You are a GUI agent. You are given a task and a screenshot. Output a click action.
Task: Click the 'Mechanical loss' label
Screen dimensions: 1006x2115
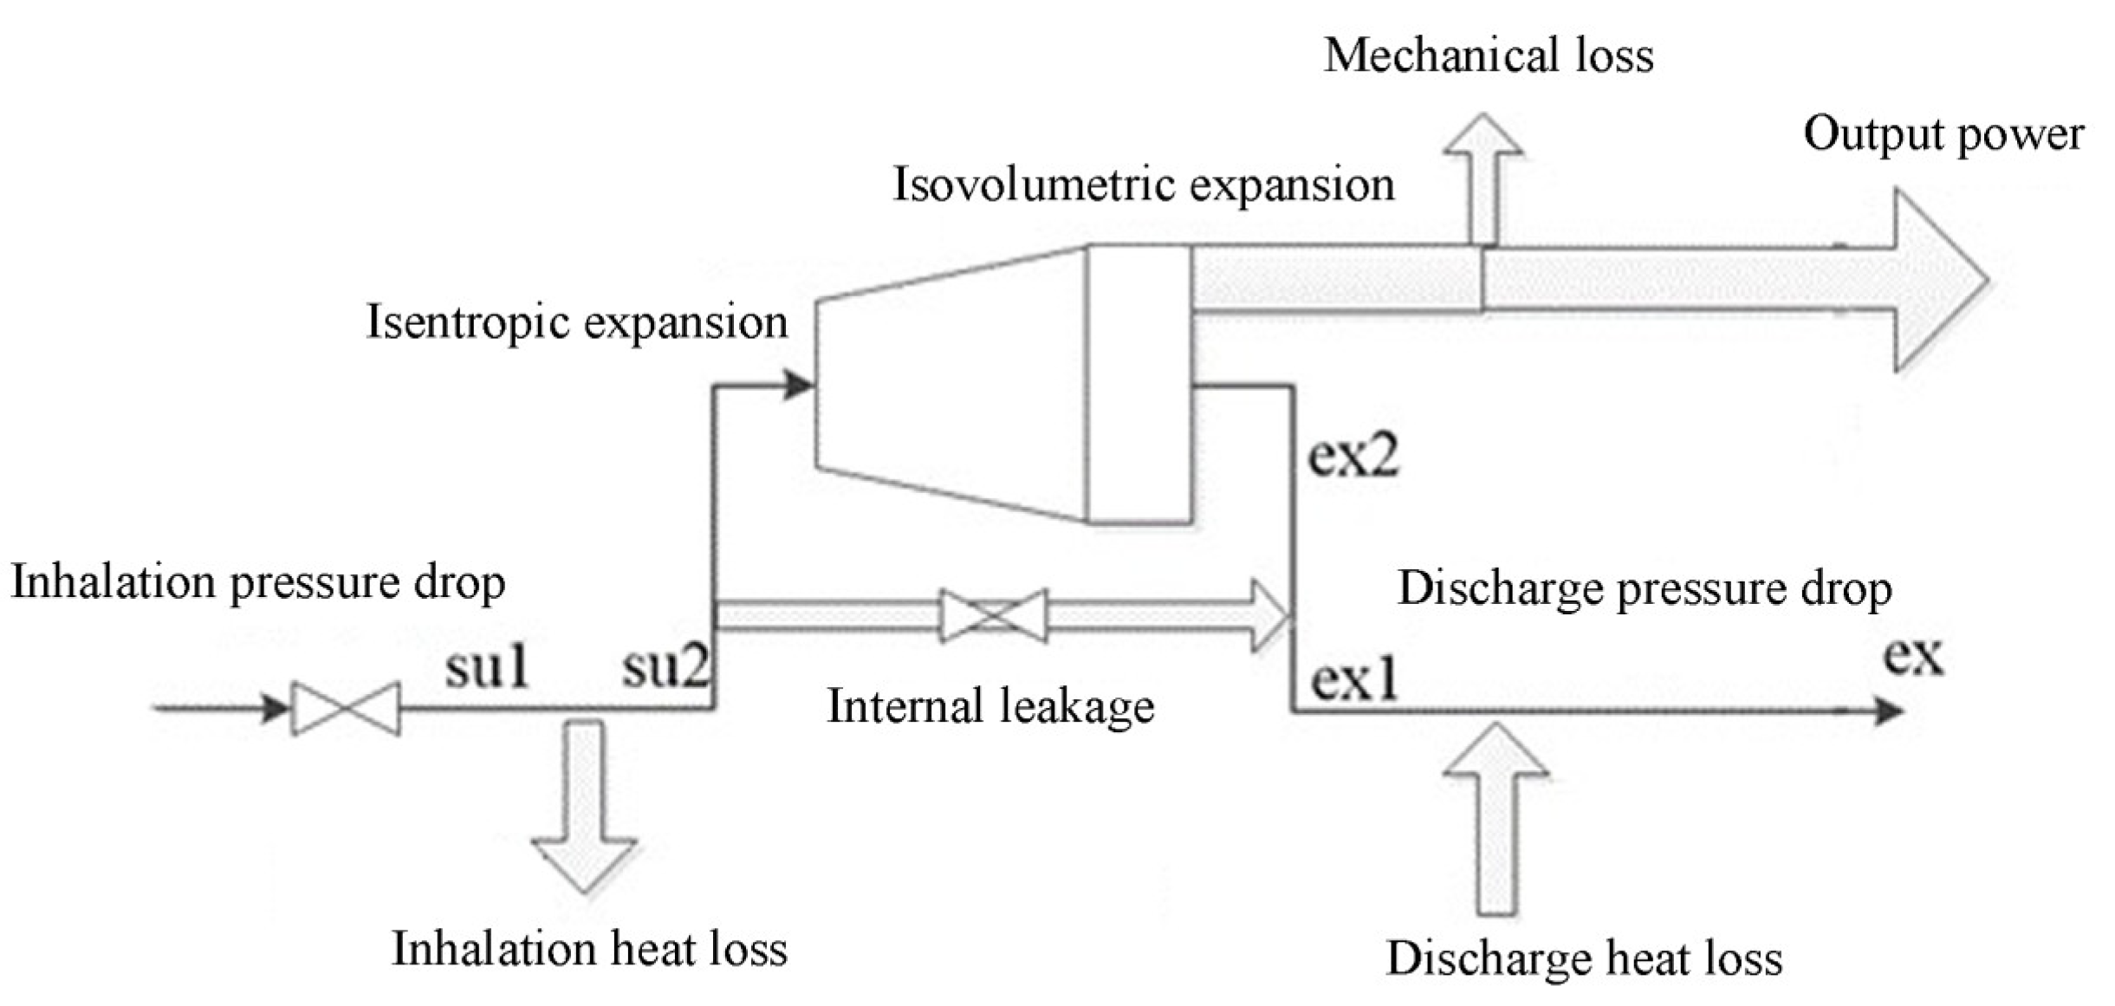pos(1488,55)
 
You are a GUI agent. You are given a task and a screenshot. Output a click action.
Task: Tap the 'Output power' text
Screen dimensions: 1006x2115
pos(1943,134)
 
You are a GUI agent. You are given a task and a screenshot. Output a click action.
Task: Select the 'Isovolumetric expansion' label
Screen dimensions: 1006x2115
pos(1143,185)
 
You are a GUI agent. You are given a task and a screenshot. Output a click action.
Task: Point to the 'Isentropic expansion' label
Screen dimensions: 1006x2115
pos(576,322)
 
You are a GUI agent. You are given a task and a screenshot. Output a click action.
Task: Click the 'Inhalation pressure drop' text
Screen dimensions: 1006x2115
pos(257,582)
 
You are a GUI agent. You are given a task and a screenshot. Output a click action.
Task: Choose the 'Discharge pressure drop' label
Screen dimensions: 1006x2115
pos(1644,588)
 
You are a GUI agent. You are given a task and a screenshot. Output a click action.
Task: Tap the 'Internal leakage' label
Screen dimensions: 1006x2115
pos(990,705)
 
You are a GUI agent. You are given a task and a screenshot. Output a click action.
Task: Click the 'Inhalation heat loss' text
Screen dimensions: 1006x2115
pos(589,949)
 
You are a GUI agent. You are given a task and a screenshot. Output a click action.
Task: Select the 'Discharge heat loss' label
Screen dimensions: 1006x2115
pos(1584,958)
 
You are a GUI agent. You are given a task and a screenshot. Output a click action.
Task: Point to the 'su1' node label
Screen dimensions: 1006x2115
pos(487,668)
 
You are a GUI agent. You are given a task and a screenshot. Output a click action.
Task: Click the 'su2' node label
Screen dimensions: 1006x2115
pos(665,668)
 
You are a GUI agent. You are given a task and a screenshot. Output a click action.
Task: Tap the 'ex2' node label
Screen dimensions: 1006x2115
pos(1353,456)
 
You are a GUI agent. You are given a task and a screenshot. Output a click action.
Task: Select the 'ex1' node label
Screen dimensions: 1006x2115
pos(1353,680)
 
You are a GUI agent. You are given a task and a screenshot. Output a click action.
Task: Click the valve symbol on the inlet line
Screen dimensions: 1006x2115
pos(346,709)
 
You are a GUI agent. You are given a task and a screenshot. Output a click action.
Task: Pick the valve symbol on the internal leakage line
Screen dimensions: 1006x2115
pos(993,615)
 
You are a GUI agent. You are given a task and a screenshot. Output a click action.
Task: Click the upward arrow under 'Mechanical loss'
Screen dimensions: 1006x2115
pos(1482,178)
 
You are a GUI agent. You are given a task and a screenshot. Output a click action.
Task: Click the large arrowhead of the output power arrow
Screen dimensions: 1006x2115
pos(1937,280)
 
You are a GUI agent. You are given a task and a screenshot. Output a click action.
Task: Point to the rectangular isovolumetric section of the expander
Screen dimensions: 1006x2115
pos(1139,384)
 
